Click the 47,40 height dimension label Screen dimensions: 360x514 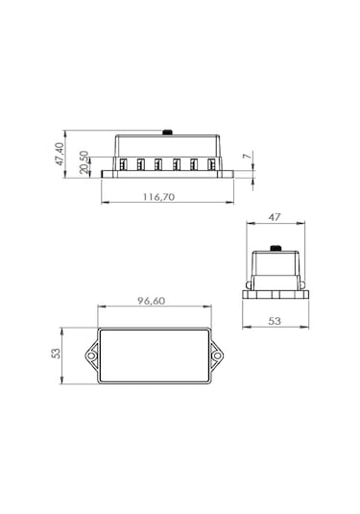pyautogui.click(x=60, y=154)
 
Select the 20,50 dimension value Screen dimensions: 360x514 pyautogui.click(x=84, y=162)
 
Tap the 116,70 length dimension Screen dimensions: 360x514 pyautogui.click(x=158, y=197)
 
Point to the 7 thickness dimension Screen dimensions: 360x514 pyautogui.click(x=248, y=155)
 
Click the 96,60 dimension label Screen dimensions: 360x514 pyautogui.click(x=151, y=301)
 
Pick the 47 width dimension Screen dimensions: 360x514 pyautogui.click(x=275, y=217)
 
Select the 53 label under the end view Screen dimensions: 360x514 pyautogui.click(x=275, y=321)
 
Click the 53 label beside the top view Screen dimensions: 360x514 pyautogui.click(x=56, y=353)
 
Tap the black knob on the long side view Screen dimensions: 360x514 pyautogui.click(x=168, y=133)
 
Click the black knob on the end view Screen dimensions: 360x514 pyautogui.click(x=276, y=248)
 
